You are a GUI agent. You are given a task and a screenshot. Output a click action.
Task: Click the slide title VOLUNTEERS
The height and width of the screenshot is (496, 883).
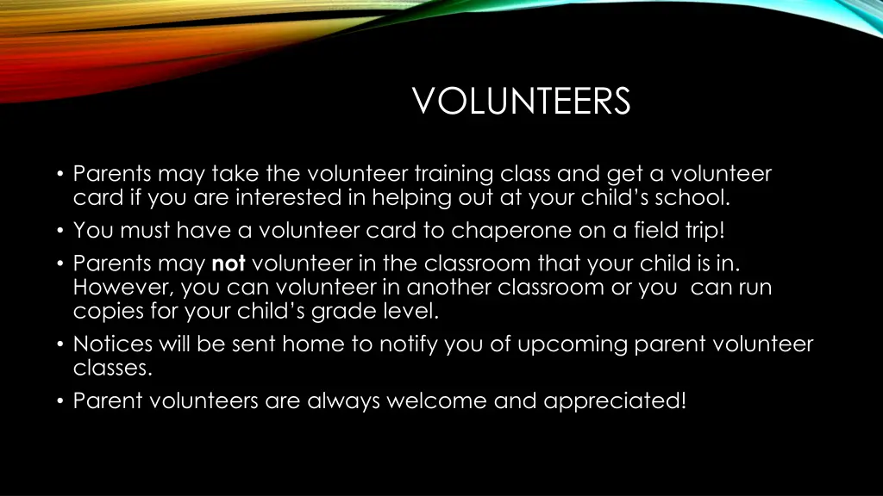pyautogui.click(x=522, y=102)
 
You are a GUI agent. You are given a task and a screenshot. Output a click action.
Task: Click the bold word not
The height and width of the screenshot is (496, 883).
pyautogui.click(x=229, y=263)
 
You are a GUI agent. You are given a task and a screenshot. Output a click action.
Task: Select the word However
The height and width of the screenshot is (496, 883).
pyautogui.click(x=122, y=287)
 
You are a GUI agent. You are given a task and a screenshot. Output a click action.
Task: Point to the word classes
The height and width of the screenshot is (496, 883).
pyautogui.click(x=110, y=369)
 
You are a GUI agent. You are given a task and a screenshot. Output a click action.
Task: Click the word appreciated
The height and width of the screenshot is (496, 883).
pyautogui.click(x=615, y=401)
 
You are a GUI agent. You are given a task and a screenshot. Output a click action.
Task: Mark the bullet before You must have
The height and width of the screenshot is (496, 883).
pyautogui.click(x=60, y=231)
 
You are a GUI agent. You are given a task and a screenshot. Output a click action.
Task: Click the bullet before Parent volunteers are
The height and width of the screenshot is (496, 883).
pyautogui.click(x=60, y=401)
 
